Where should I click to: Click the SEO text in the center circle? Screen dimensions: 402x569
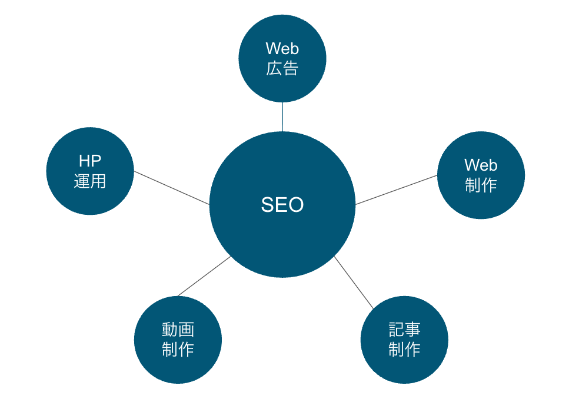pyautogui.click(x=282, y=205)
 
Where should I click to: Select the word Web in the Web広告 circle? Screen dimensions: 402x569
pyautogui.click(x=282, y=48)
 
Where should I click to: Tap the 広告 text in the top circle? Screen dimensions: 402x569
pyautogui.click(x=282, y=68)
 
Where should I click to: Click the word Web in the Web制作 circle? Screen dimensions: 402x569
pyautogui.click(x=481, y=165)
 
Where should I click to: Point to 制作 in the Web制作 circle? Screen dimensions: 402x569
pyautogui.click(x=481, y=185)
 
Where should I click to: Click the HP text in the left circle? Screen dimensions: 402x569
pyautogui.click(x=90, y=161)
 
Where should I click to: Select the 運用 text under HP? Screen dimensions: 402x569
pyautogui.click(x=90, y=181)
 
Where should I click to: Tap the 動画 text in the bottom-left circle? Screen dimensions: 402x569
pyautogui.click(x=178, y=329)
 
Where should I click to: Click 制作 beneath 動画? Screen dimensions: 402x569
pyautogui.click(x=178, y=350)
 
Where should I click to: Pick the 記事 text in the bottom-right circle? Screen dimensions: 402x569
pyautogui.click(x=404, y=329)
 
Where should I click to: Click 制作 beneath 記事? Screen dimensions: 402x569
pyautogui.click(x=404, y=350)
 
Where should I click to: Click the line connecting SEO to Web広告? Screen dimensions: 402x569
pyautogui.click(x=282, y=117)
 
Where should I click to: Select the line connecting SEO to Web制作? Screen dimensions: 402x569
pyautogui.click(x=396, y=190)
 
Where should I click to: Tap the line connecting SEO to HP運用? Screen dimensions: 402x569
pyautogui.click(x=171, y=188)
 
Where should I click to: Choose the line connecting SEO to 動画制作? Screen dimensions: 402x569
pyautogui.click(x=204, y=276)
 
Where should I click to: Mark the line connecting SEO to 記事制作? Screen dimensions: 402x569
pyautogui.click(x=354, y=283)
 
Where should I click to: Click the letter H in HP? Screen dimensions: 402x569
pyautogui.click(x=84, y=161)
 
